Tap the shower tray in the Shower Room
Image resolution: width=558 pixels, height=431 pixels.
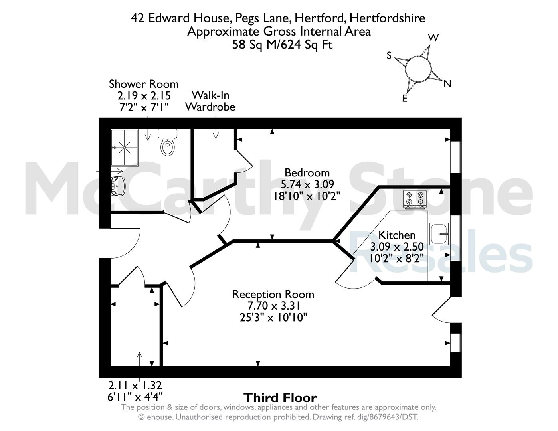(x=125, y=148)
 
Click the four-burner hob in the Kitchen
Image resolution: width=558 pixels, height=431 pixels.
(x=415, y=199)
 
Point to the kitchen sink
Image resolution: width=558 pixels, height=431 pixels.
(x=439, y=233)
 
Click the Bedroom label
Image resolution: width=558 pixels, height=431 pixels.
(x=307, y=172)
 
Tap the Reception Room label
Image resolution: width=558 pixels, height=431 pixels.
(x=273, y=294)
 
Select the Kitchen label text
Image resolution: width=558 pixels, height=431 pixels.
(x=397, y=235)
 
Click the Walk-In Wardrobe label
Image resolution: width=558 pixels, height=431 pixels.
(x=210, y=101)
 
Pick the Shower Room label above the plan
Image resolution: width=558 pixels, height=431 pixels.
(x=144, y=84)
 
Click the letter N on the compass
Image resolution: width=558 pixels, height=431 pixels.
(x=447, y=84)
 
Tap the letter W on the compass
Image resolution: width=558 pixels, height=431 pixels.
(x=433, y=38)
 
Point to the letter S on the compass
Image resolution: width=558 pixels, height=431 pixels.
(x=389, y=55)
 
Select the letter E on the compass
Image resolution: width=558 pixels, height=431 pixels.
(x=405, y=98)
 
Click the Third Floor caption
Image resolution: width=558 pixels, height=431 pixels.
(x=280, y=397)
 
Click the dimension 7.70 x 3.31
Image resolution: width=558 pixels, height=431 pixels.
(x=274, y=306)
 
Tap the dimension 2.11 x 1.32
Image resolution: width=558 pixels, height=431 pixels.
(x=135, y=386)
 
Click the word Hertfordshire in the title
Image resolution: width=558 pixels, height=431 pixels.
(x=387, y=18)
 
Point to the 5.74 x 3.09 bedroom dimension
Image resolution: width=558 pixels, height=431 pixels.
(x=307, y=184)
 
